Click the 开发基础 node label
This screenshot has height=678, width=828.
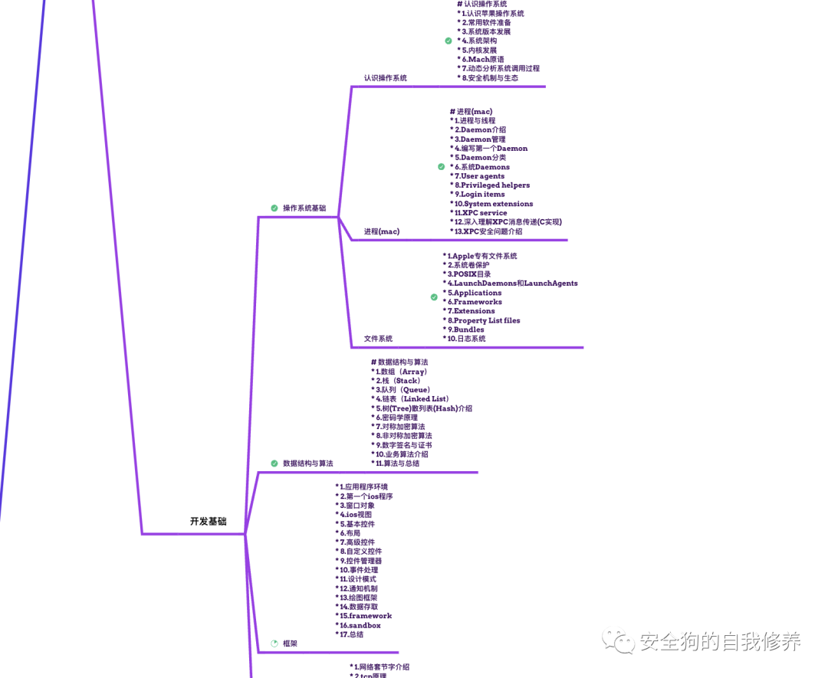pyautogui.click(x=209, y=522)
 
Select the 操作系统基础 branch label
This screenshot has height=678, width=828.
pyautogui.click(x=304, y=208)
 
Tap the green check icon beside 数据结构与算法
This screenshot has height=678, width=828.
pyautogui.click(x=274, y=463)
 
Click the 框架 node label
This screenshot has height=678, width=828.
pyautogui.click(x=290, y=644)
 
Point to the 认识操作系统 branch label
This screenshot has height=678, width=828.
pyautogui.click(x=386, y=78)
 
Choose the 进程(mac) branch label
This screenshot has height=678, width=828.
pyautogui.click(x=382, y=231)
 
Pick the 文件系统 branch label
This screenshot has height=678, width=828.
pyautogui.click(x=378, y=339)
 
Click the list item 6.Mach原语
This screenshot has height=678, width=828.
pyautogui.click(x=483, y=59)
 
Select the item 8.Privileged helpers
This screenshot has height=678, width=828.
pyautogui.click(x=491, y=185)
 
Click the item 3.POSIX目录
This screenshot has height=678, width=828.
pyautogui.click(x=468, y=274)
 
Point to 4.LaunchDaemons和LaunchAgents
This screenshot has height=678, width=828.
pyautogui.click(x=512, y=283)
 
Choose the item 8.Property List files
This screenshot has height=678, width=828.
pyautogui.click(x=483, y=320)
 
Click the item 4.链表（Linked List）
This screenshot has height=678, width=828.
pyautogui.click(x=412, y=399)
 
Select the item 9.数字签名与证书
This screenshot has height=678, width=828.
pyautogui.click(x=403, y=445)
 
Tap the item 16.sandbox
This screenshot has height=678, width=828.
pyautogui.click(x=360, y=625)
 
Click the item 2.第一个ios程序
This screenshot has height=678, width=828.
pyautogui.click(x=366, y=496)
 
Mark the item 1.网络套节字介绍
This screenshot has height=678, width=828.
pyautogui.click(x=381, y=667)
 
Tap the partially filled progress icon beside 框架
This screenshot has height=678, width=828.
pyautogui.click(x=274, y=644)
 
